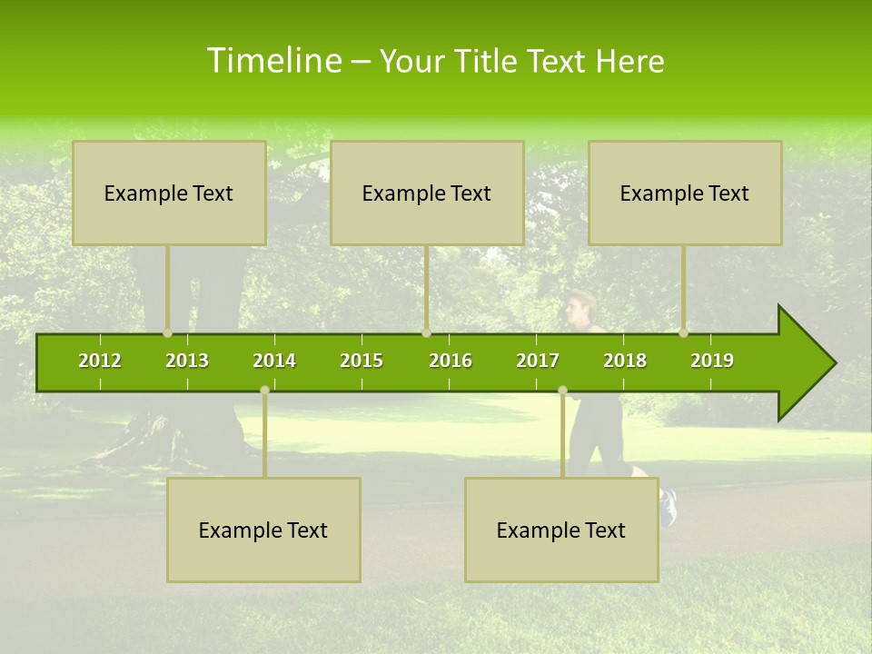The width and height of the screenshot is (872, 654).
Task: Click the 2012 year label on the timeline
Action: click(100, 361)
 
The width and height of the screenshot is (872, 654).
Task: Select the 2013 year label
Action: click(187, 361)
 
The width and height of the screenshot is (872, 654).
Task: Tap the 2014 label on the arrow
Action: click(274, 361)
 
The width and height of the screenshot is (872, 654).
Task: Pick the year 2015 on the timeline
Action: click(362, 361)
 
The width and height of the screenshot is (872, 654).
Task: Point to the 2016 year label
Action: click(451, 361)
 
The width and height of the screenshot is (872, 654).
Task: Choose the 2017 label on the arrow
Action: click(538, 361)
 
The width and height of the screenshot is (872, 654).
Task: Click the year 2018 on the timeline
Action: click(625, 361)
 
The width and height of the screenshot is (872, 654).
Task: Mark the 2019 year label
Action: click(712, 361)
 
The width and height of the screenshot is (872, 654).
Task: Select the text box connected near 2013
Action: click(169, 193)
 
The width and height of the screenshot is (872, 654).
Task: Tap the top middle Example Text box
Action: click(427, 193)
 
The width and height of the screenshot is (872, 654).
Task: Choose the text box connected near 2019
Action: click(685, 193)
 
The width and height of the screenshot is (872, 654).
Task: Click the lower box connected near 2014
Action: click(263, 530)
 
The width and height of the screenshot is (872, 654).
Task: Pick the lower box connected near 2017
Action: click(561, 530)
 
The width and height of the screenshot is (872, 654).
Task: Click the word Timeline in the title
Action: click(273, 61)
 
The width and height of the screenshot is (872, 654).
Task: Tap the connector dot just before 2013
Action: click(167, 333)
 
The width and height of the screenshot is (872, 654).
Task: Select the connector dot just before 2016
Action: click(426, 333)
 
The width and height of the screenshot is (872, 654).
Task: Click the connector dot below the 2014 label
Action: click(264, 391)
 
